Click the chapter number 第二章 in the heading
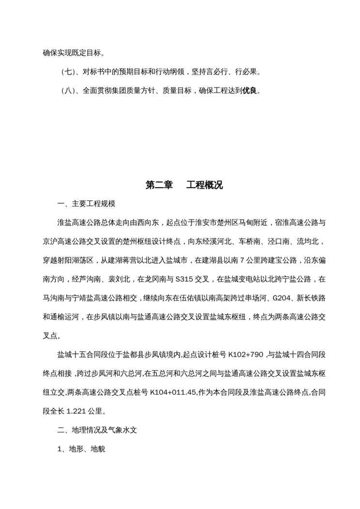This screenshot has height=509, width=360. (159, 185)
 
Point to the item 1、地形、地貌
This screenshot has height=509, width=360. (81, 449)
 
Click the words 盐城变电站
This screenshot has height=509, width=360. (237, 279)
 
